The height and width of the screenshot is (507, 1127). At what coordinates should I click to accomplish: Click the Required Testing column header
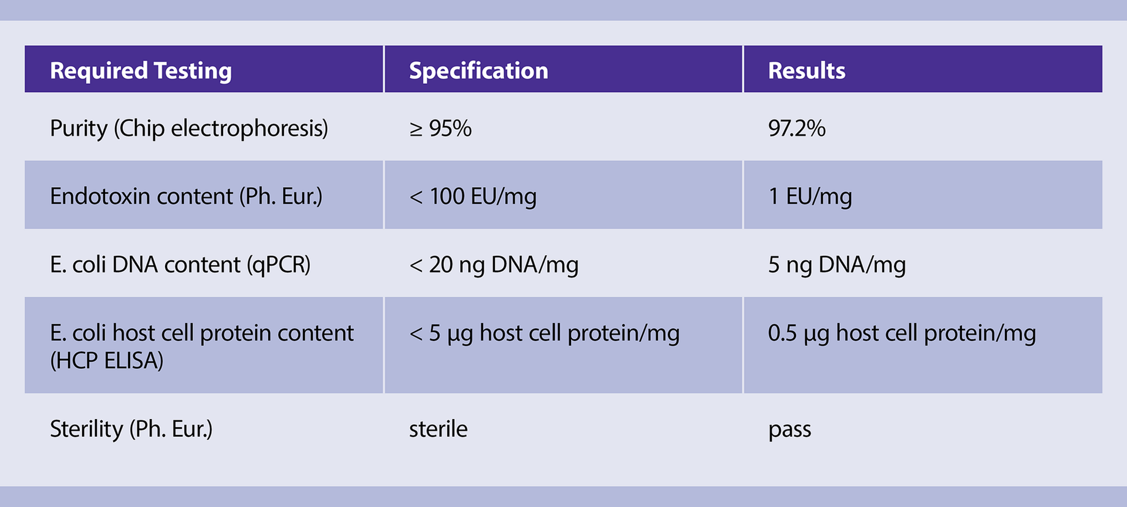coord(141,71)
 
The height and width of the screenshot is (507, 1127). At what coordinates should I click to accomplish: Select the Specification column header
coord(478,71)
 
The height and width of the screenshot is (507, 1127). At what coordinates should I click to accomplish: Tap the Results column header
coord(807,70)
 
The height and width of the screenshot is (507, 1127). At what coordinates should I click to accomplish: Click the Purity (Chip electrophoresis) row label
coord(189,129)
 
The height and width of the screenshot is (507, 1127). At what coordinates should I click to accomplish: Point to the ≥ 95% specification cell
coord(440,128)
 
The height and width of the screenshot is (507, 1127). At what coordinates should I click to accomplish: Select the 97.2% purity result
coord(797,128)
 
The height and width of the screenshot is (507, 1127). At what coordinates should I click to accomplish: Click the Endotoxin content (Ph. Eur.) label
coord(186,197)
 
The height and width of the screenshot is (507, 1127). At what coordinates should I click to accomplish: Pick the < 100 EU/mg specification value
coord(473,197)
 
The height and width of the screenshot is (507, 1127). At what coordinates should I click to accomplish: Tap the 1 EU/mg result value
coord(810,197)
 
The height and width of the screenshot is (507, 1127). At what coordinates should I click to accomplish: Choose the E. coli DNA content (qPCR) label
coord(180,265)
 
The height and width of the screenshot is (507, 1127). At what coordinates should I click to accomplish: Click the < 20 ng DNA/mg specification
coord(494,265)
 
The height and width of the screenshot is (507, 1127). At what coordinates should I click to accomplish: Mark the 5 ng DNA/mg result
coord(837,265)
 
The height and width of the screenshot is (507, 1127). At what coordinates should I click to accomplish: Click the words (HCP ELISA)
coord(107,360)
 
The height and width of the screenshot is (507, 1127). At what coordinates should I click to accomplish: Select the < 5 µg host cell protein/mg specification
coord(544,333)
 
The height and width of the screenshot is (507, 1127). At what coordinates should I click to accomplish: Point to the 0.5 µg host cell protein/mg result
coord(902,333)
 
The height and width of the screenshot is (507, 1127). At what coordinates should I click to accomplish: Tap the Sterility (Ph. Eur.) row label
coord(131,429)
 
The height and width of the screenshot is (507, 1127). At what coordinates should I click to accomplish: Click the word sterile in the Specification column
coord(438,429)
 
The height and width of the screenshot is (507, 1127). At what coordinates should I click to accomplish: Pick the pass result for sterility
coord(790,430)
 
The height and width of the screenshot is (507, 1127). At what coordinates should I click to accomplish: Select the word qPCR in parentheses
coord(279,265)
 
